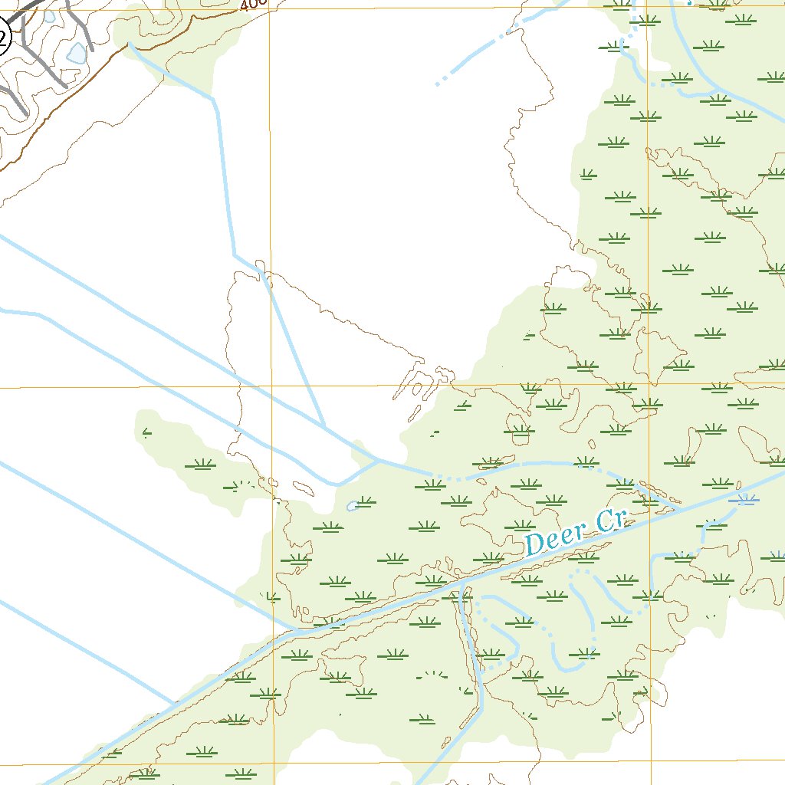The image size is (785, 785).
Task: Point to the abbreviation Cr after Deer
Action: click(611, 521)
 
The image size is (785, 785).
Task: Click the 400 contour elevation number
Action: click(252, 5)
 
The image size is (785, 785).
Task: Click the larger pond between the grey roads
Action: click(77, 53)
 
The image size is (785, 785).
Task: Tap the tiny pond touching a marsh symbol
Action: click(353, 505)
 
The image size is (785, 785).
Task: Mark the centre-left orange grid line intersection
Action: click(271, 386)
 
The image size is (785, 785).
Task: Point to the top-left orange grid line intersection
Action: click(269, 9)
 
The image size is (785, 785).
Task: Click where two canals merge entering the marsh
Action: click(378, 460)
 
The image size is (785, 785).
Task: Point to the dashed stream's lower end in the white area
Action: click(438, 84)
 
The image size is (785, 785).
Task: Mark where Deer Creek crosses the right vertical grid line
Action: click(649, 516)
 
